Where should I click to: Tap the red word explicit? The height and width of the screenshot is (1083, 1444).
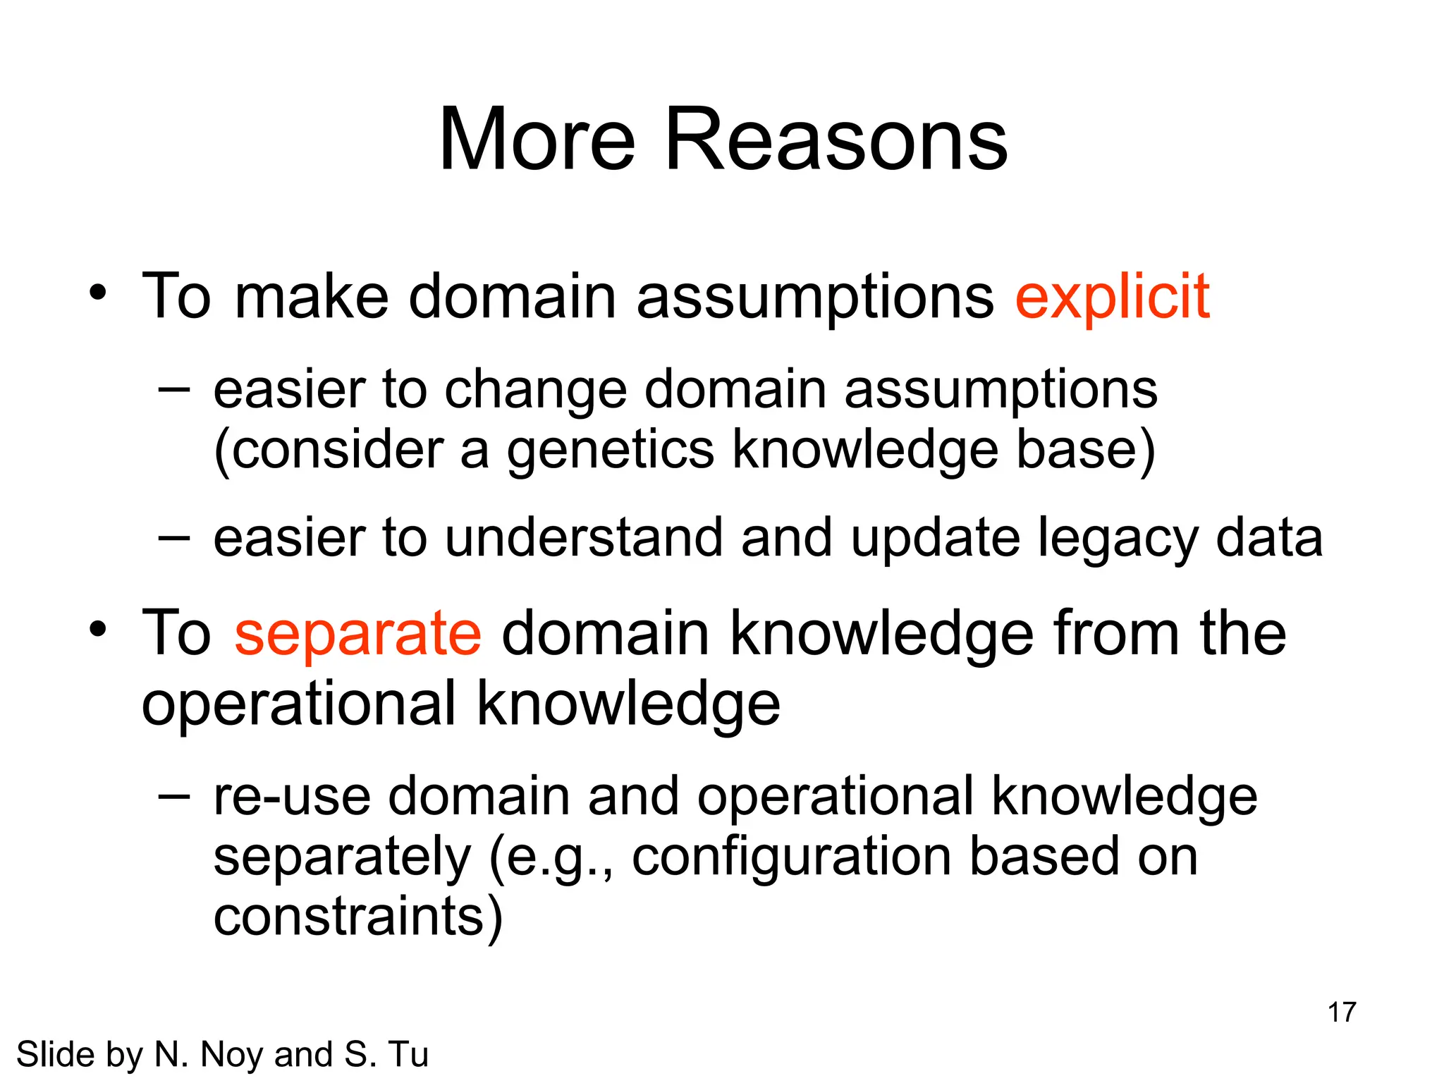pos(1112,298)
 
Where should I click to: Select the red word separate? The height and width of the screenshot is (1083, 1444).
pos(357,634)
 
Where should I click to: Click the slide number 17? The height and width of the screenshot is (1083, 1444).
pos(1341,1012)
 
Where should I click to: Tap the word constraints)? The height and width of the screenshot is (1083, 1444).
pos(358,917)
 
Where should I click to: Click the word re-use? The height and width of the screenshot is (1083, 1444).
pos(292,797)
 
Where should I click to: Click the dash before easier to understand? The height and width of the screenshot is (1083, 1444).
pos(174,538)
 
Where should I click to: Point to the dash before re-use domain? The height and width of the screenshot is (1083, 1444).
pos(174,796)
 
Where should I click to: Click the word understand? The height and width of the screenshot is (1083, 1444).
pos(584,538)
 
